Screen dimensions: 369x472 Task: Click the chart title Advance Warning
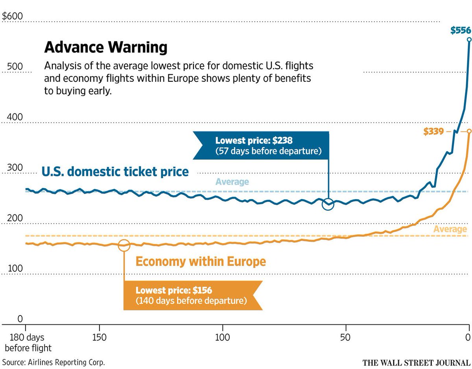pyautogui.click(x=106, y=48)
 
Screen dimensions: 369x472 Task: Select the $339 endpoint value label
pyautogui.click(x=433, y=131)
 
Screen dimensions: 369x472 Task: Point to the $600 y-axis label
pyautogui.click(x=13, y=17)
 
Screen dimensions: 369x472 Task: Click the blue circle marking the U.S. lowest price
pyautogui.click(x=328, y=205)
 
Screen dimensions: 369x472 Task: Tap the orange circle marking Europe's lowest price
pyautogui.click(x=124, y=245)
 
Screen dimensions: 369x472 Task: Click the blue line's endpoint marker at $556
pyautogui.click(x=468, y=40)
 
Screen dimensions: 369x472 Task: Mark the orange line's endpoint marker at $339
pyautogui.click(x=468, y=131)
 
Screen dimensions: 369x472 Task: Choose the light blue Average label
pyautogui.click(x=232, y=182)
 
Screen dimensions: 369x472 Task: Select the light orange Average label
pyautogui.click(x=450, y=229)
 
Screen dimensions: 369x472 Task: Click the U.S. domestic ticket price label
pyautogui.click(x=115, y=172)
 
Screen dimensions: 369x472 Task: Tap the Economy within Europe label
pyautogui.click(x=201, y=261)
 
